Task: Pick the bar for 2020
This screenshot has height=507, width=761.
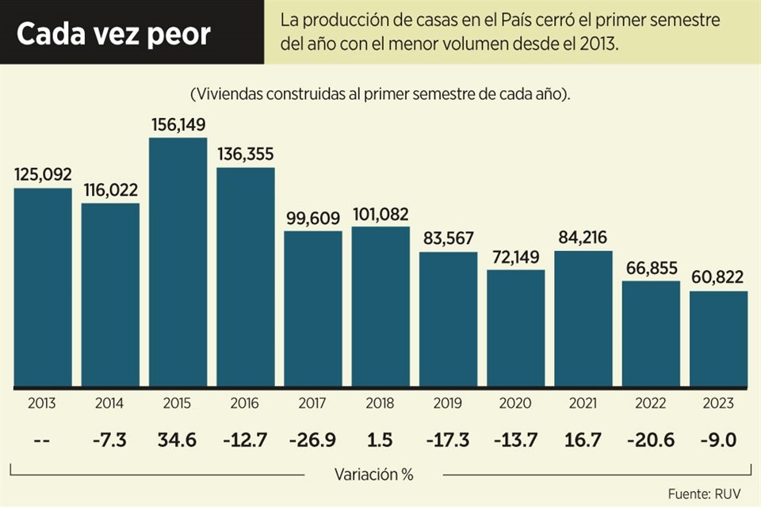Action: coord(516,329)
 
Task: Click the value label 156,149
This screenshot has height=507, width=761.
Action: coord(178,125)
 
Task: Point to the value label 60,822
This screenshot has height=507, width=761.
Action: coord(719,278)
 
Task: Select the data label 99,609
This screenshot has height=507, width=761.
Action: coord(313,217)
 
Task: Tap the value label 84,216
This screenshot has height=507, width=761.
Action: coord(583,237)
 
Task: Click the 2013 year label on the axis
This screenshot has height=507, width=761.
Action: coord(41,403)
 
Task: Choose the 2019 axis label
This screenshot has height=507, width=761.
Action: coord(448,403)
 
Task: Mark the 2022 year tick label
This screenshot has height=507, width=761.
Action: coord(651,403)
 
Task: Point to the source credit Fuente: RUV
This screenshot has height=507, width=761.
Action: coord(704,494)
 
